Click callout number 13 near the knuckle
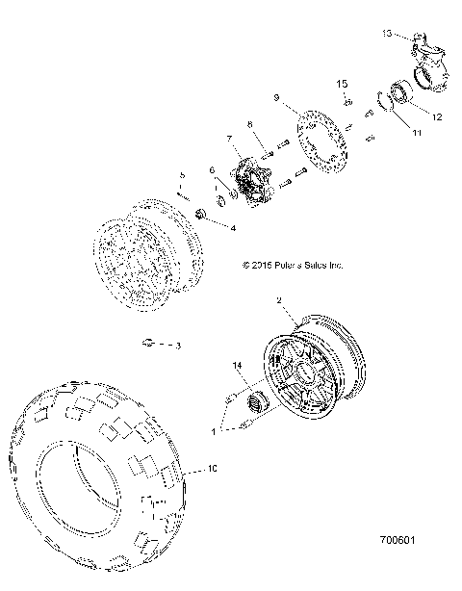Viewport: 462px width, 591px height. [x=387, y=33]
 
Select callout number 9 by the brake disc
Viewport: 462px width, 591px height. [x=275, y=97]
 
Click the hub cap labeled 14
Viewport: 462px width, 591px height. [x=258, y=400]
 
